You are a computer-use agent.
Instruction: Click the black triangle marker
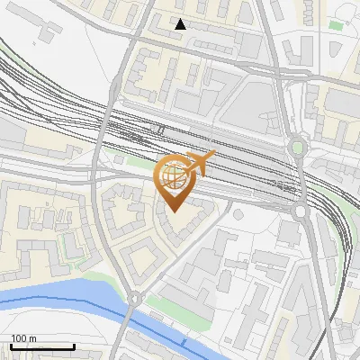[181, 24]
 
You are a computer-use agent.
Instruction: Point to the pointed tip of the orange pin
[173, 210]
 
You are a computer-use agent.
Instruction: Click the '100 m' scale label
[23, 337]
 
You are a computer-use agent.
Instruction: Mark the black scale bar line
[42, 346]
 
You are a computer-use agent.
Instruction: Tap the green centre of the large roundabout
[297, 147]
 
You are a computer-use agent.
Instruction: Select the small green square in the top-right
[336, 24]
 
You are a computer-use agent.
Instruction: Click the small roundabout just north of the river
[133, 297]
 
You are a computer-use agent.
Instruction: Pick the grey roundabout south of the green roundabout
[300, 211]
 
